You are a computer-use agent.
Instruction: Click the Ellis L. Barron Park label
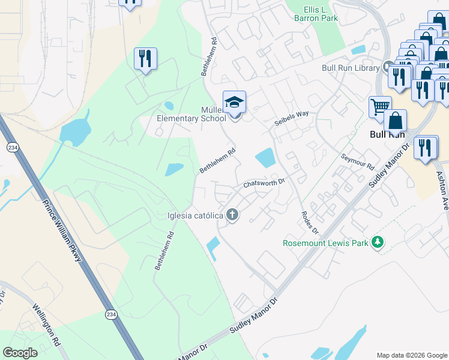coord(312,14)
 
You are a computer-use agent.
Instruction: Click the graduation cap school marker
coord(234,101)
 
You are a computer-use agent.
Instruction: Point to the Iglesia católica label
coord(195,215)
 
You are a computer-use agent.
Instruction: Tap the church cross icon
coord(233,215)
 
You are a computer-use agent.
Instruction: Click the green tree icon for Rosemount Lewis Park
coord(378,242)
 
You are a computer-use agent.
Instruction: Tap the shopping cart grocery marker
coord(379,107)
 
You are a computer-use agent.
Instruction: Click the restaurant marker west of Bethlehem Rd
coord(145,59)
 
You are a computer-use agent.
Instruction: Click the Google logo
coord(20,353)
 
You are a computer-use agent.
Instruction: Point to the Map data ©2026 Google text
coord(411,355)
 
